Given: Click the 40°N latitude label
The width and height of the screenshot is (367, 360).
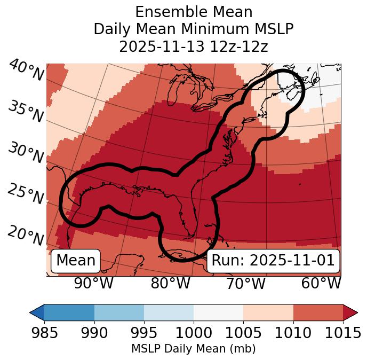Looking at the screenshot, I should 26,71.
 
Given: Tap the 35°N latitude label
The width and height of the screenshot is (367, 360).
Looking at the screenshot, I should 26,112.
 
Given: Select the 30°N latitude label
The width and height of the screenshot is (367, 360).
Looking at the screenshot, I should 26,154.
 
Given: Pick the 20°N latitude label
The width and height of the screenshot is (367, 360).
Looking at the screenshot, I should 26,236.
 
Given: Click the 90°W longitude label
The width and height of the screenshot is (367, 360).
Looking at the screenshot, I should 93,283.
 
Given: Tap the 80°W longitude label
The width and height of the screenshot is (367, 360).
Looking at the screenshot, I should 170,283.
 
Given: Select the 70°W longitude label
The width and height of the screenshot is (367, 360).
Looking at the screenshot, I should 245,283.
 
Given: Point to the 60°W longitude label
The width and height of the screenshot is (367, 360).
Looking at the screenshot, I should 321,283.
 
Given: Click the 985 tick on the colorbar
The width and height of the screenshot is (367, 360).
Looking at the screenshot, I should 45,333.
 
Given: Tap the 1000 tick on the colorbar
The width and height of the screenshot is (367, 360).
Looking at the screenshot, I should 194,333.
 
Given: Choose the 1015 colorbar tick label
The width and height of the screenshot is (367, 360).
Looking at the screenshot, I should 342,333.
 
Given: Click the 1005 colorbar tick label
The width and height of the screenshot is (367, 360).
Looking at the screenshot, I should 243,333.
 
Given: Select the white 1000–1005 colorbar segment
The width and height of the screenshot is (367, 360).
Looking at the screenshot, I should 218,312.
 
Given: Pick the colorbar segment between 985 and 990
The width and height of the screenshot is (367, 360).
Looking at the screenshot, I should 69,312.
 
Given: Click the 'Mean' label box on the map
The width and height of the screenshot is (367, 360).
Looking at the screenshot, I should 76,261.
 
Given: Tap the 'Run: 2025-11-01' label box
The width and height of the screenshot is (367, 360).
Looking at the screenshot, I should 273,261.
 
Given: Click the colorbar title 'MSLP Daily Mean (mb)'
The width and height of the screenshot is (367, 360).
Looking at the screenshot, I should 193,349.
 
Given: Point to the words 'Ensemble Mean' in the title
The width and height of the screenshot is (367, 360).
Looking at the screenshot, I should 193,12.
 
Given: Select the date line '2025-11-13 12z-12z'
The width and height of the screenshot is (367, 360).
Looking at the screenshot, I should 193,46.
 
